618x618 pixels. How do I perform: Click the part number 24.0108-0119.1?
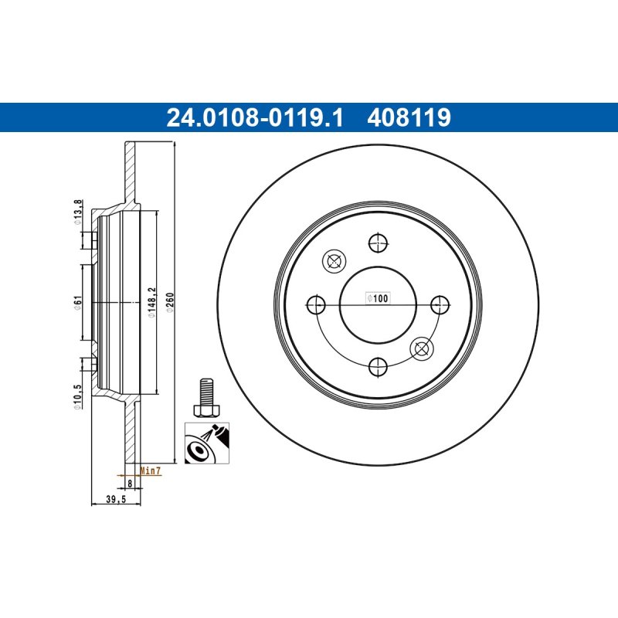[255, 117]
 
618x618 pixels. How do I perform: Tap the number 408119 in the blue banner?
[409, 117]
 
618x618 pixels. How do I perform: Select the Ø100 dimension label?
[378, 298]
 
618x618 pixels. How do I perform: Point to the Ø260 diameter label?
[170, 302]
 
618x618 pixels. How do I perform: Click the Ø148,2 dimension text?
[152, 302]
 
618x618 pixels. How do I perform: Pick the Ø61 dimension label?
[78, 302]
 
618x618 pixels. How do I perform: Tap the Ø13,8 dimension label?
[78, 212]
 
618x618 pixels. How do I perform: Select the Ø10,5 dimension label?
[78, 397]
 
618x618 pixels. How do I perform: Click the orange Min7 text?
[151, 470]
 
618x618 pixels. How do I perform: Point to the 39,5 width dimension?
[115, 499]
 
